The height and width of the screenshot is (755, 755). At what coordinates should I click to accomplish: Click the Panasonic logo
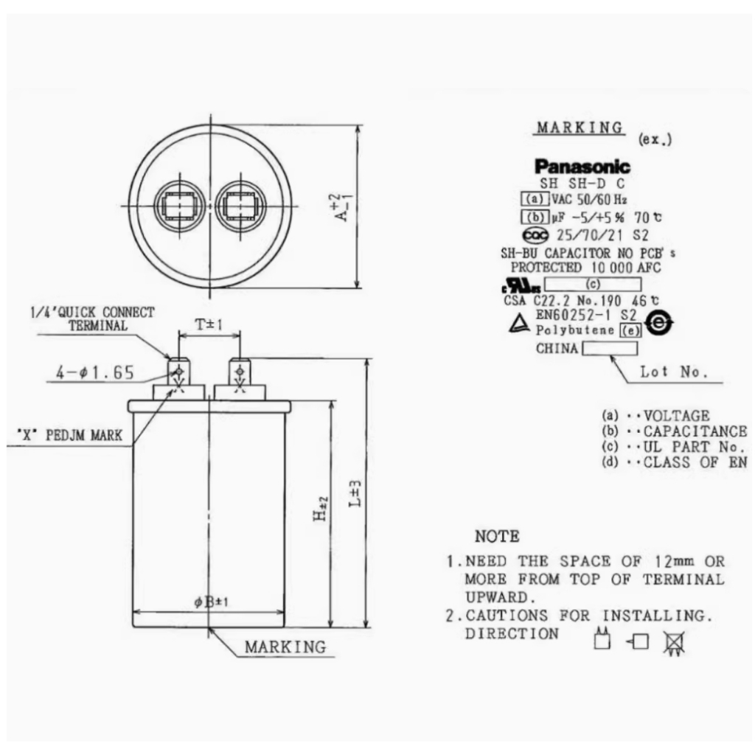click(582, 167)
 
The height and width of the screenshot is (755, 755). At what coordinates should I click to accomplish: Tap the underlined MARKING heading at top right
click(580, 128)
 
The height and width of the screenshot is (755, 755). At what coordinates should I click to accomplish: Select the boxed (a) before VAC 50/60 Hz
click(535, 199)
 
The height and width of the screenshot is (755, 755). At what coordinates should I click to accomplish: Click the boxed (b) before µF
click(535, 218)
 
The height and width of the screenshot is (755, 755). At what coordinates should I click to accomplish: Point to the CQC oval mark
click(536, 235)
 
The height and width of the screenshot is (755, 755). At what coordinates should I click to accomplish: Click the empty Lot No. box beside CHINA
click(610, 348)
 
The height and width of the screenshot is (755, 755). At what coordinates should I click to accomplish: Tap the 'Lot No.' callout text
click(674, 372)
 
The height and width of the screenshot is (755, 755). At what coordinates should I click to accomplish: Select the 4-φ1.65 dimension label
click(95, 372)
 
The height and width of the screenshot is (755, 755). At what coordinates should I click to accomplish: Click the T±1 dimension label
click(209, 325)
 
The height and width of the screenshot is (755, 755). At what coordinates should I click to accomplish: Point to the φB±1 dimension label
click(211, 602)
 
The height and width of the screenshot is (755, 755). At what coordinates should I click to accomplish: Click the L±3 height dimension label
click(355, 493)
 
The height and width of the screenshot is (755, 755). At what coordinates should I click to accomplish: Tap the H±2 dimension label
click(321, 509)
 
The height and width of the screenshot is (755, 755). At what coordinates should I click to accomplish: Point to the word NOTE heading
click(497, 537)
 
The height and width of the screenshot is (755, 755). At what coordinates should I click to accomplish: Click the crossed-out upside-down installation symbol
click(674, 643)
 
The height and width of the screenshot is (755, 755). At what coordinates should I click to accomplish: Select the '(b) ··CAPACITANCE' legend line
click(674, 431)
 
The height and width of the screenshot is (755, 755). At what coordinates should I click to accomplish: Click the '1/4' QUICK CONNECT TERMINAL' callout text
click(92, 319)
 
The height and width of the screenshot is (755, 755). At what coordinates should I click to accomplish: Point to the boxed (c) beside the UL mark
click(593, 284)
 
